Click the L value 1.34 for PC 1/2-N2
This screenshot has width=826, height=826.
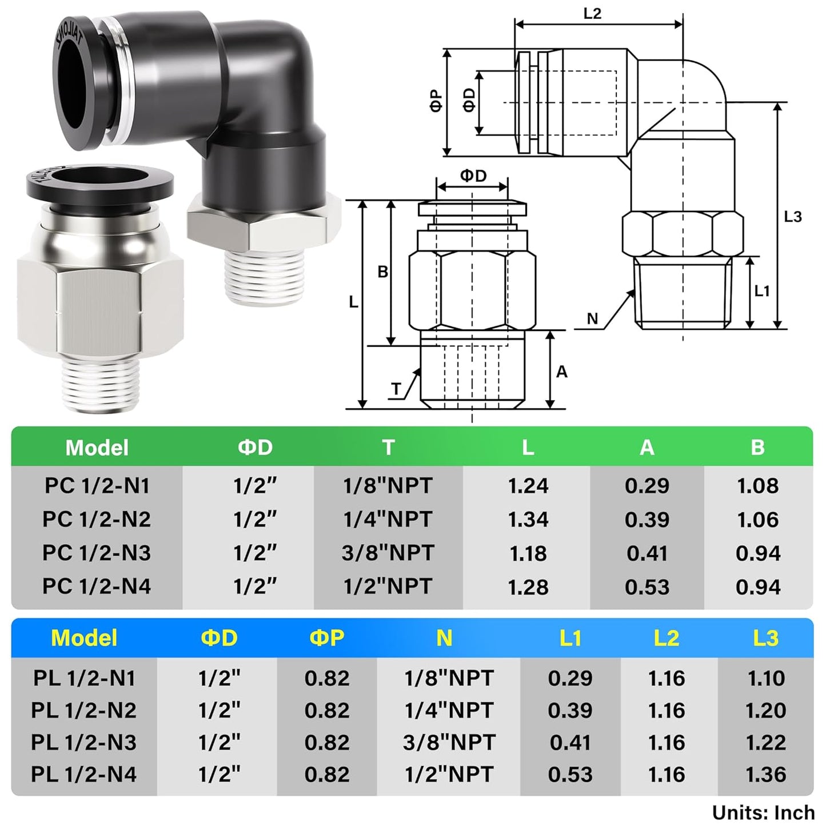pyautogui.click(x=528, y=520)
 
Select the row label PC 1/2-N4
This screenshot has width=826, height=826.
pyautogui.click(x=97, y=586)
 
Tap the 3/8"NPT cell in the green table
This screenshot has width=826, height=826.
pyautogui.click(x=388, y=553)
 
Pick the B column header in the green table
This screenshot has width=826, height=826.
pyautogui.click(x=757, y=447)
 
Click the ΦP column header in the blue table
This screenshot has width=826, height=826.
pyautogui.click(x=326, y=638)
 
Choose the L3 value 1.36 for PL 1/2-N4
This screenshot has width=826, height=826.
pyautogui.click(x=765, y=775)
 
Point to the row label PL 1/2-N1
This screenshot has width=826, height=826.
pyautogui.click(x=84, y=679)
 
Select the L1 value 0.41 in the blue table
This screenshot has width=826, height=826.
pyautogui.click(x=570, y=743)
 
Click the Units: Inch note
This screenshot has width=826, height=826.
pyautogui.click(x=763, y=812)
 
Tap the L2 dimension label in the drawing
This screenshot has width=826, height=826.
pyautogui.click(x=592, y=13)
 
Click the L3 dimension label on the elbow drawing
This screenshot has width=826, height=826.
pyautogui.click(x=793, y=217)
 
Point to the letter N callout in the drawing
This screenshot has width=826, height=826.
pyautogui.click(x=592, y=319)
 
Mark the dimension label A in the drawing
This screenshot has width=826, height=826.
pyautogui.click(x=561, y=372)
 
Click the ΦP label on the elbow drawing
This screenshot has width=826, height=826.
pyautogui.click(x=436, y=101)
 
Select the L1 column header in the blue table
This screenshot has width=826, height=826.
pyautogui.click(x=570, y=638)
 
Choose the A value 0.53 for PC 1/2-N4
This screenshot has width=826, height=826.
pyautogui.click(x=647, y=587)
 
